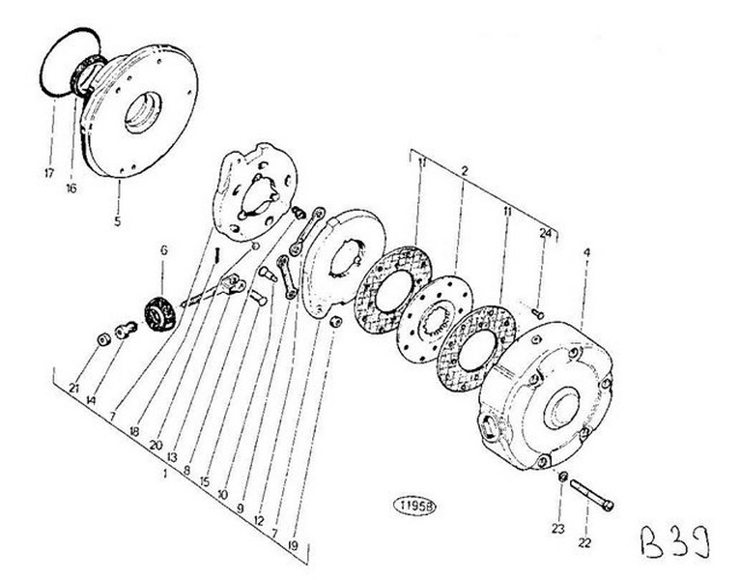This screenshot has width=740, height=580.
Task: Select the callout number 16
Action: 71,188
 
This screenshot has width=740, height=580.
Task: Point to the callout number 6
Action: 163,249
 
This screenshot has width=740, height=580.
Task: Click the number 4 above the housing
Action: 586,253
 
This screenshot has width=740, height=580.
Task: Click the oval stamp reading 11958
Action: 412,504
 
